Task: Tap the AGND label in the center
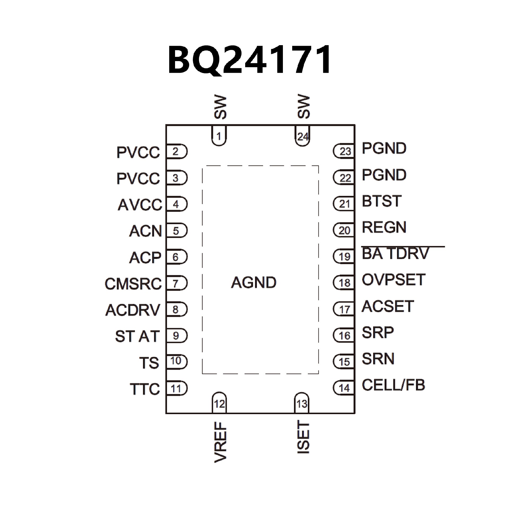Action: pyautogui.click(x=254, y=282)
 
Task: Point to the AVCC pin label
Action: pyautogui.click(x=140, y=205)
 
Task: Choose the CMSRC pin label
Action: pyautogui.click(x=133, y=284)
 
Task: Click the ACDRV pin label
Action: pyautogui.click(x=133, y=310)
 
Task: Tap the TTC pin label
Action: pyautogui.click(x=145, y=389)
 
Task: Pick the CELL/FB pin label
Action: pyautogui.click(x=393, y=385)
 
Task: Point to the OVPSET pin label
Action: pyautogui.click(x=393, y=280)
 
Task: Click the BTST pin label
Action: pyautogui.click(x=381, y=201)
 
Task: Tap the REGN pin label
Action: pyautogui.click(x=384, y=227)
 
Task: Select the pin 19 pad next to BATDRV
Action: pyautogui.click(x=344, y=257)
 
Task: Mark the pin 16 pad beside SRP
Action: pyautogui.click(x=344, y=336)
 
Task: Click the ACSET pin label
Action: pyautogui.click(x=388, y=306)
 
